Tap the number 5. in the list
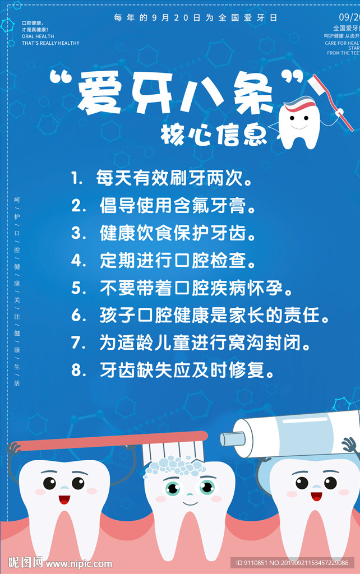[x=79, y=289]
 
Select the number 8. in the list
[x=79, y=371]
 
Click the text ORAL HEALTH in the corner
[x=38, y=36]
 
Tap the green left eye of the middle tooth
[x=173, y=487]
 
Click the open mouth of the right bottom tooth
[x=317, y=496]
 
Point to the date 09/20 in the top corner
[x=349, y=17]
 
